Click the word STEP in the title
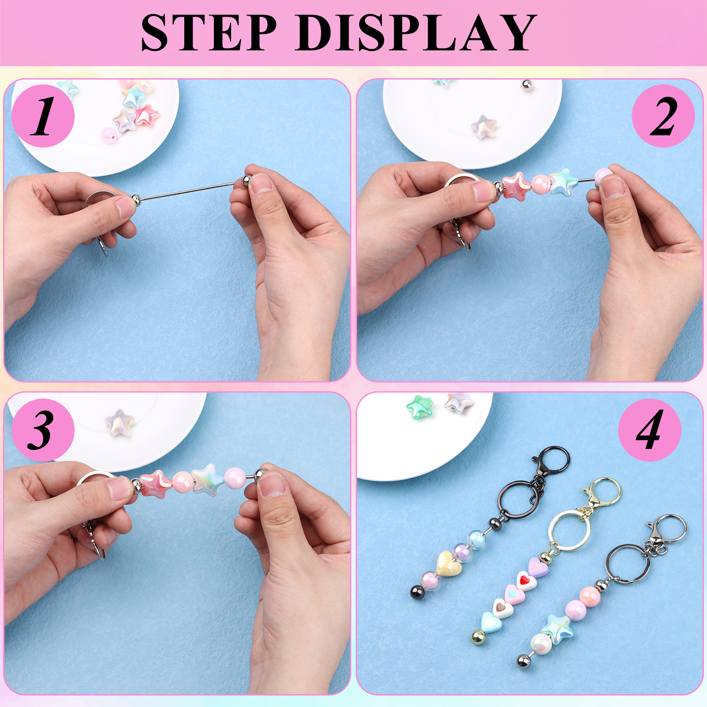coord(209,33)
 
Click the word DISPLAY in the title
coord(416,33)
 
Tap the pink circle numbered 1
coord(43,116)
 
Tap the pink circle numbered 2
coord(663,116)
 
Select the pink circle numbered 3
coord(43,430)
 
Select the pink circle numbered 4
coord(650,430)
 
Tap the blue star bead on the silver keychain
coord(557,627)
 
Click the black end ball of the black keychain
coord(417,591)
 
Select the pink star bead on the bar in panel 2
coord(516,186)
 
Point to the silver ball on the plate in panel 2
coord(527,85)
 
